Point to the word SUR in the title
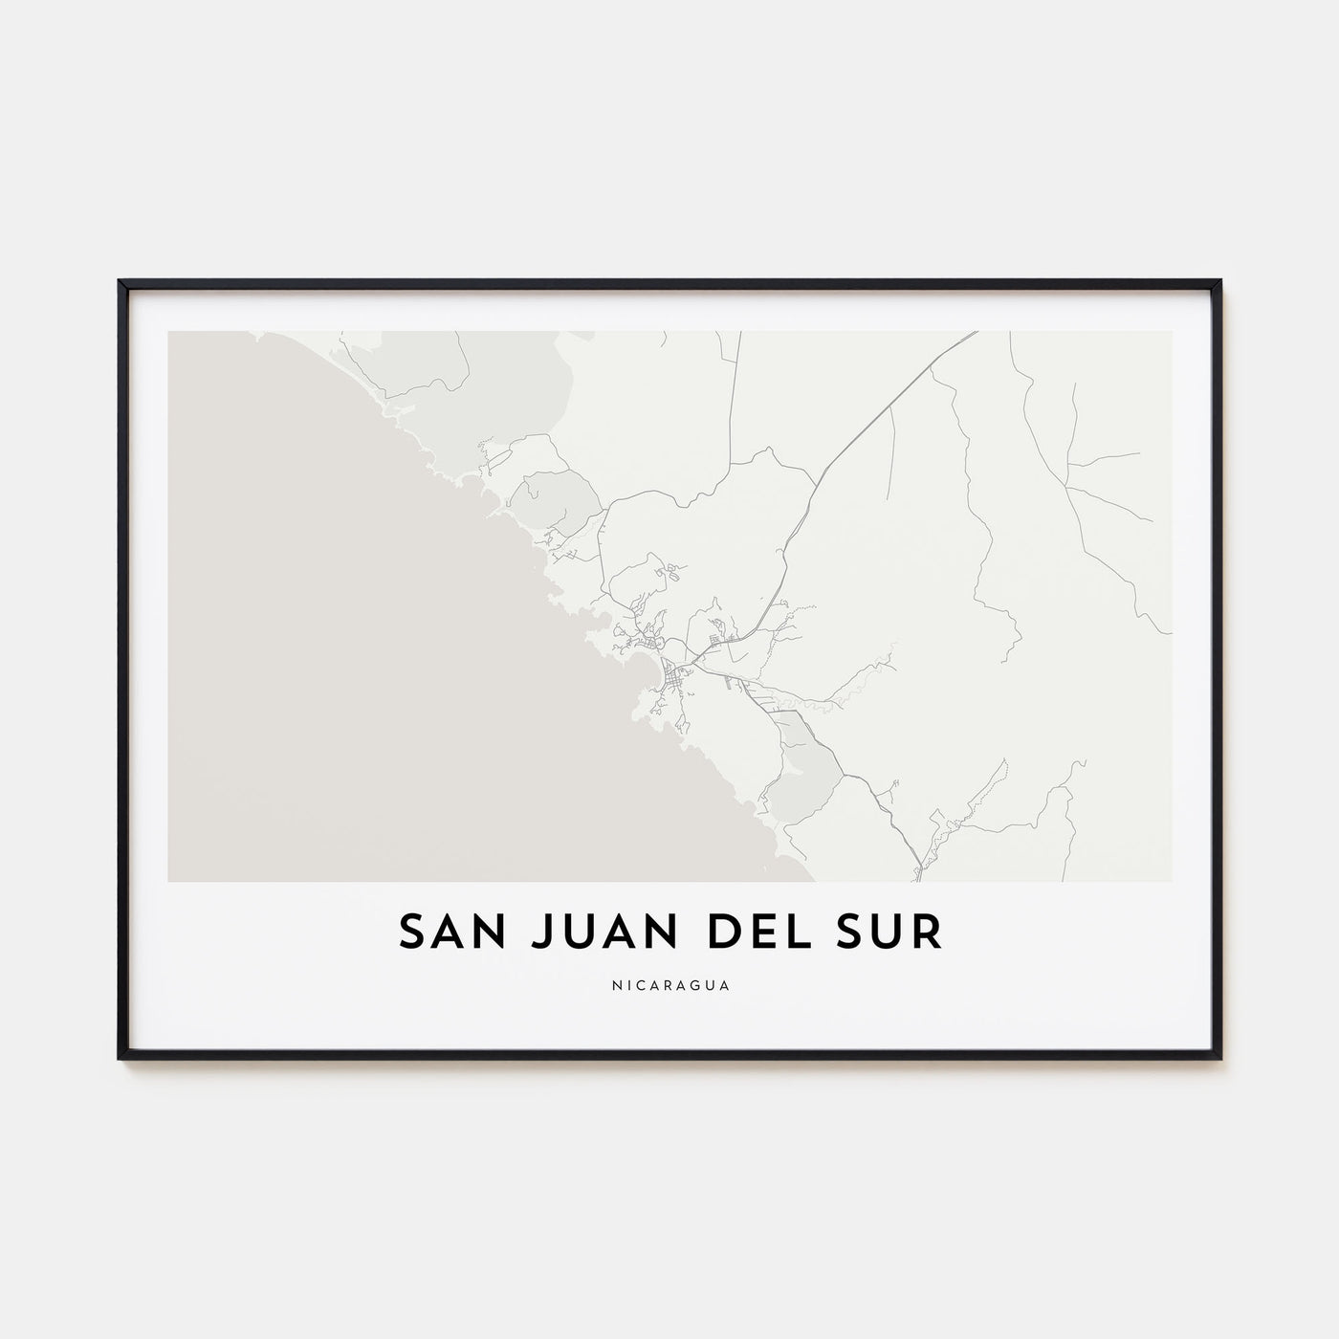[x=893, y=933]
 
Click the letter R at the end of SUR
[x=928, y=933]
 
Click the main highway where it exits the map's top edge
[x=975, y=333]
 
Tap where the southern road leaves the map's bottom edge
[x=918, y=878]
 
